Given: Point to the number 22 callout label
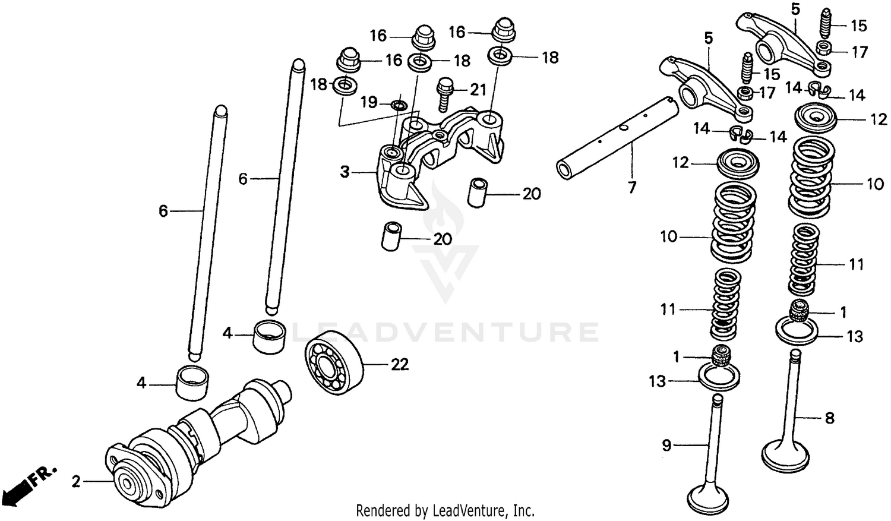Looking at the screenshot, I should (399, 364).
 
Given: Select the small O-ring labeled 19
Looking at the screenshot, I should (399, 106).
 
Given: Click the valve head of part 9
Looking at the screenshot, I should (712, 496).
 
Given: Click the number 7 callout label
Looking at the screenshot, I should (632, 187).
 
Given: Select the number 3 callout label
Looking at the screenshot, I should (345, 172).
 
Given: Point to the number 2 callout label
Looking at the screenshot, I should (76, 482).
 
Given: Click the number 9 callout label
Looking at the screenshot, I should (666, 445).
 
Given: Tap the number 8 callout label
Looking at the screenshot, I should (829, 418).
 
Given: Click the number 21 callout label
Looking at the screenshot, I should (478, 90).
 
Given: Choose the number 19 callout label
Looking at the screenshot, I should (369, 102).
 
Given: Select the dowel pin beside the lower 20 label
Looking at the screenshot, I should (390, 236).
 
